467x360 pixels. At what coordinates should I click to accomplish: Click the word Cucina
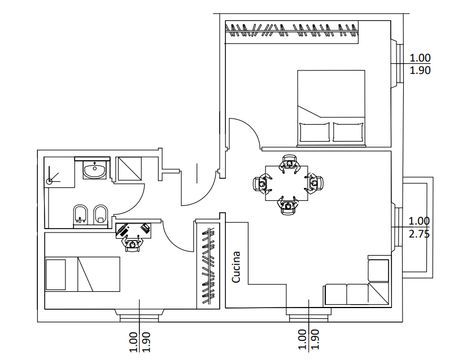(236, 267)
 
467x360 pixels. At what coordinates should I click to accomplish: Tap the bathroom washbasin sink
(94, 170)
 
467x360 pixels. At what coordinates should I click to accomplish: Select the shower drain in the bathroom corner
(50, 181)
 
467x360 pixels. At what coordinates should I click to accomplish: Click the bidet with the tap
(80, 214)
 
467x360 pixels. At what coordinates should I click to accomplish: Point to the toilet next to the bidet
(101, 214)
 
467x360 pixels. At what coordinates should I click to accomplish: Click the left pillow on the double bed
(315, 132)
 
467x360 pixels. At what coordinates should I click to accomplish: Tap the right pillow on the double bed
(348, 132)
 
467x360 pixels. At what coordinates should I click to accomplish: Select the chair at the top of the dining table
(290, 163)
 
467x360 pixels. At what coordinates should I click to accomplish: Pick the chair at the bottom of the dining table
(287, 205)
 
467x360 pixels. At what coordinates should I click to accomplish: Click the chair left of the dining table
(261, 184)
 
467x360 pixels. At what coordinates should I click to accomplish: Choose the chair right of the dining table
(314, 184)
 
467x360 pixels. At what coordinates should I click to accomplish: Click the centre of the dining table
(286, 183)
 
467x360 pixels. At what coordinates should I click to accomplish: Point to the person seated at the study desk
(133, 243)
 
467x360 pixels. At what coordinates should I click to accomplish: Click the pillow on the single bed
(56, 274)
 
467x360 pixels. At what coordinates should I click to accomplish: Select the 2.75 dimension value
(419, 234)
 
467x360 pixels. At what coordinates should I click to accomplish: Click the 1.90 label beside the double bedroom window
(420, 70)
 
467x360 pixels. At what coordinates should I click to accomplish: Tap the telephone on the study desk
(145, 228)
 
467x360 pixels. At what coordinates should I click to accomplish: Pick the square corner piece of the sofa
(378, 293)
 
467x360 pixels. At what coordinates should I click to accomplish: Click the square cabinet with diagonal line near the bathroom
(130, 169)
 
